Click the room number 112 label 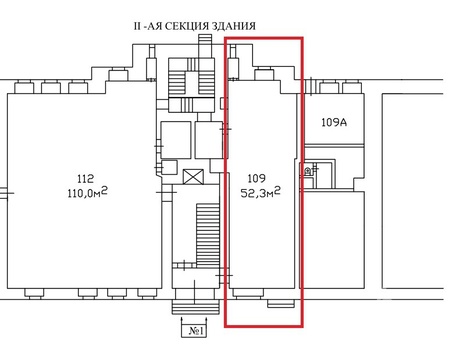tap(85, 179)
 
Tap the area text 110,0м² tap(87, 193)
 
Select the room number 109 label tap(257, 178)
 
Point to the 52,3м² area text tap(260, 192)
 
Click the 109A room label tap(334, 122)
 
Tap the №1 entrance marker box tap(195, 331)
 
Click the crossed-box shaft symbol tap(193, 176)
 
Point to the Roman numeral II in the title tap(137, 26)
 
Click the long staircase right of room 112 tap(208, 235)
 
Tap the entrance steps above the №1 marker tap(195, 307)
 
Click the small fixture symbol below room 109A tap(308, 171)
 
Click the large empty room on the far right tap(413, 191)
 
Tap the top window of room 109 tap(264, 74)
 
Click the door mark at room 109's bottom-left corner tap(224, 276)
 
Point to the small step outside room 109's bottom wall tap(281, 304)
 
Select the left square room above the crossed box tap(176, 140)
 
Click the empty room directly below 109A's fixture tap(333, 240)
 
